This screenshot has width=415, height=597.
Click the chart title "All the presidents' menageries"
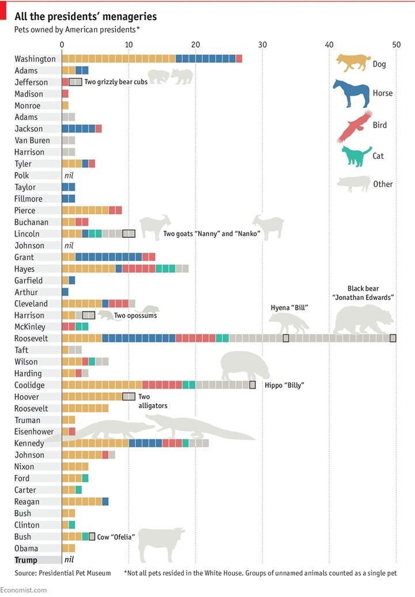pos(85,17)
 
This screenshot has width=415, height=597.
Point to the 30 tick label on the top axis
pos(262,45)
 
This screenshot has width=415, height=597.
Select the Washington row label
pos(35,59)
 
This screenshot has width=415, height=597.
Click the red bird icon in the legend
pos(354,126)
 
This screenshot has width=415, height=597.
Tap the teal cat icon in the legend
pos(356,156)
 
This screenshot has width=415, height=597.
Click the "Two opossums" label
pos(135,315)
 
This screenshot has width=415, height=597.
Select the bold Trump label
pos(26,560)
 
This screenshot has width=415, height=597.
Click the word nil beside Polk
pos(70,176)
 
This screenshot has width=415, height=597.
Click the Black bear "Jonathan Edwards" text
pos(363,293)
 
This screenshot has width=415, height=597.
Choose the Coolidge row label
pos(29,385)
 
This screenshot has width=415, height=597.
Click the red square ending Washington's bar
pos(239,59)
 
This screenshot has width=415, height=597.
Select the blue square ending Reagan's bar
pos(105,501)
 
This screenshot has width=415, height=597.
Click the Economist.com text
pos(23,590)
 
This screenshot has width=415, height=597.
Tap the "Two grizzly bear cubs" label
pos(116,82)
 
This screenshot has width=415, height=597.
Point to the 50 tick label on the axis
pos(396,45)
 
